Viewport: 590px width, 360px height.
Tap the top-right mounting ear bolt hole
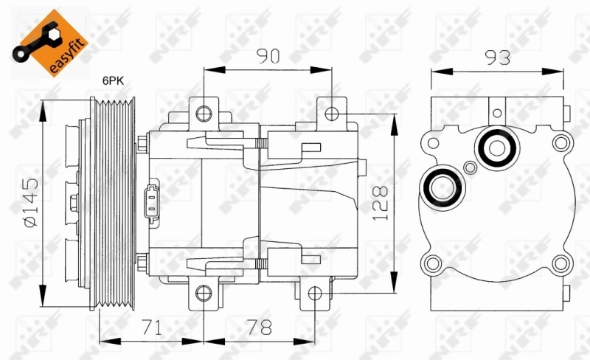(332, 113)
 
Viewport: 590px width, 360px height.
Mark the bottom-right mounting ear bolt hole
(314, 294)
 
